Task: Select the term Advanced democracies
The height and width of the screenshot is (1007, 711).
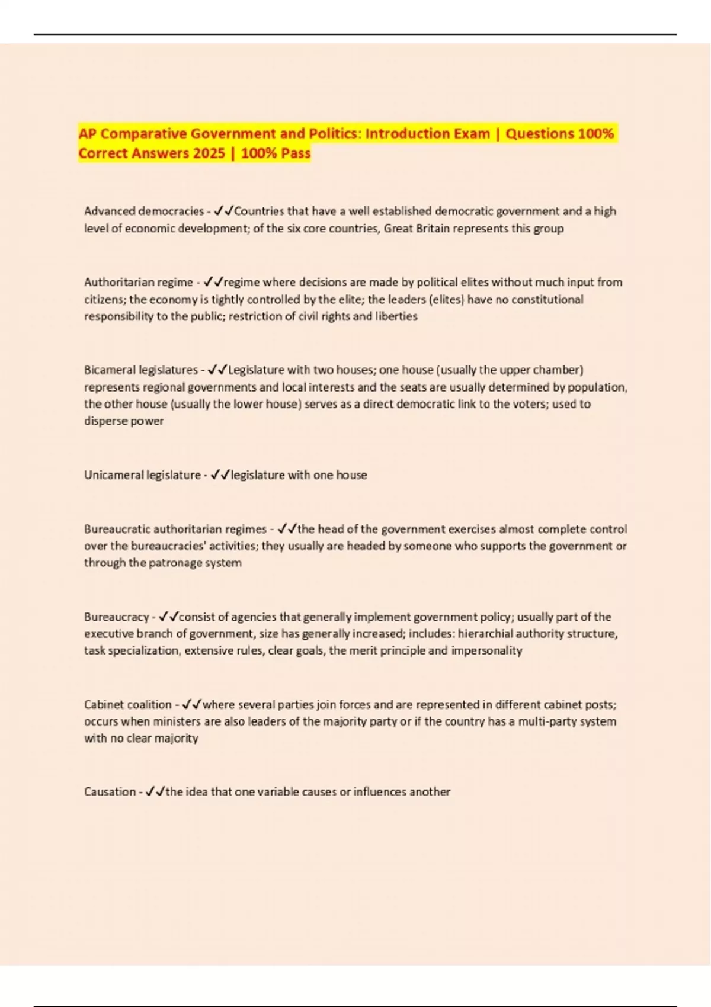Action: (144, 211)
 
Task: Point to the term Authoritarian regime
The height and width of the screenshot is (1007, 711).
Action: (138, 282)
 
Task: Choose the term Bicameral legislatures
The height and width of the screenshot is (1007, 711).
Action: (141, 370)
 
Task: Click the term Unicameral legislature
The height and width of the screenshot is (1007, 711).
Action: (142, 474)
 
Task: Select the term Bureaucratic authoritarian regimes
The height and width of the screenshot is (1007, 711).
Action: (175, 528)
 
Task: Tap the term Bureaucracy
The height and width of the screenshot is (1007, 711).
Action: (117, 617)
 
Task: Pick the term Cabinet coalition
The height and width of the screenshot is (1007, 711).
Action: (127, 704)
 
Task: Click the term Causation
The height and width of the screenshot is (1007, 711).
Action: (110, 791)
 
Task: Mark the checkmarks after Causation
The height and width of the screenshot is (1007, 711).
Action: (155, 791)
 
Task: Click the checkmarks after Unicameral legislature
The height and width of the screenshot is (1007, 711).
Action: (220, 474)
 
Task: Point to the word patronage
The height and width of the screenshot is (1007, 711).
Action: (177, 562)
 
